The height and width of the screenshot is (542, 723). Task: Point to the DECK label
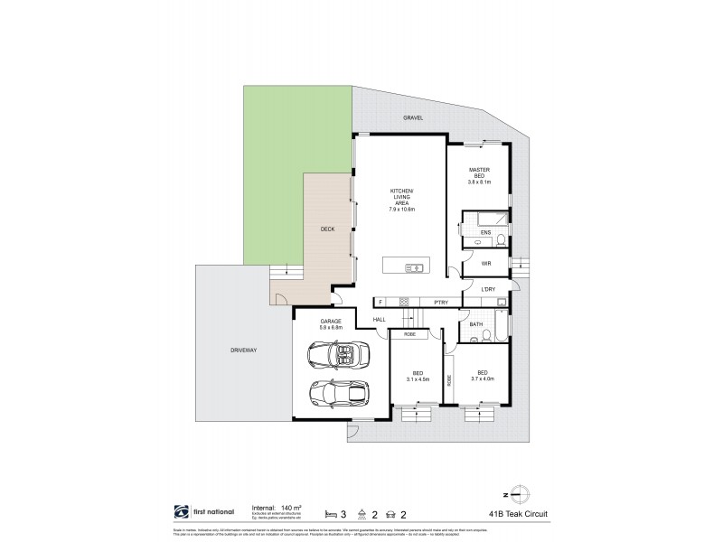[327, 229]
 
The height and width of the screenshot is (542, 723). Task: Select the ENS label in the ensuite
[485, 233]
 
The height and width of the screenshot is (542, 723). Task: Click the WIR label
[485, 263]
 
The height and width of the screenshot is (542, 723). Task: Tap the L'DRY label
[488, 289]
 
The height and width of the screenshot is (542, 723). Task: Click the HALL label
[380, 319]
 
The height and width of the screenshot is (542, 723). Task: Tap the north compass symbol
[518, 492]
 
